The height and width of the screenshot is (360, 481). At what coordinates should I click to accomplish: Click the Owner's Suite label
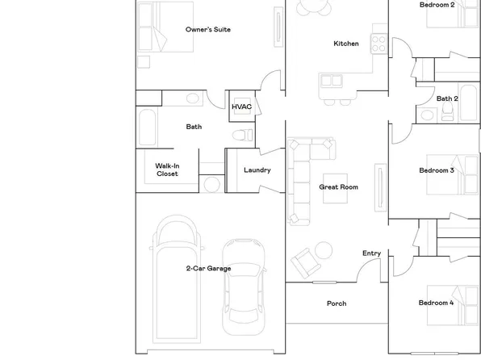[207, 30]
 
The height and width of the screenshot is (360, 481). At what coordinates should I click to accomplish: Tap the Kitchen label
[346, 44]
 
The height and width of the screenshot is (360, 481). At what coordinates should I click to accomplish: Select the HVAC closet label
[241, 107]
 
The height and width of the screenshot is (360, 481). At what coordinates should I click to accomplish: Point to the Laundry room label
[257, 170]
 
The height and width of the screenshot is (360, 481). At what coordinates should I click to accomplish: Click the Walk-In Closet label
[167, 170]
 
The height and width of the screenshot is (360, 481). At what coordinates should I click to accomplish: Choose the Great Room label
[338, 187]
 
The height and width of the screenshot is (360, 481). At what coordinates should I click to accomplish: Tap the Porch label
[337, 303]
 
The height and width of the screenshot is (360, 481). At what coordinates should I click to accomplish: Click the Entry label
[371, 253]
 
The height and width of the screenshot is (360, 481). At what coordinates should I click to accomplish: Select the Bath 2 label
[447, 98]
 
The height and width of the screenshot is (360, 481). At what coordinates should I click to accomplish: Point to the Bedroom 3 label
[436, 170]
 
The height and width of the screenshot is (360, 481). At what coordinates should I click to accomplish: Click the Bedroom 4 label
[436, 303]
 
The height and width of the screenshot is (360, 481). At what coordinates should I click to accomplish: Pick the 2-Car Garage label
[208, 269]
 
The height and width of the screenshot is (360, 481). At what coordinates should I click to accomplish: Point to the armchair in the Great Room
[306, 261]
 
